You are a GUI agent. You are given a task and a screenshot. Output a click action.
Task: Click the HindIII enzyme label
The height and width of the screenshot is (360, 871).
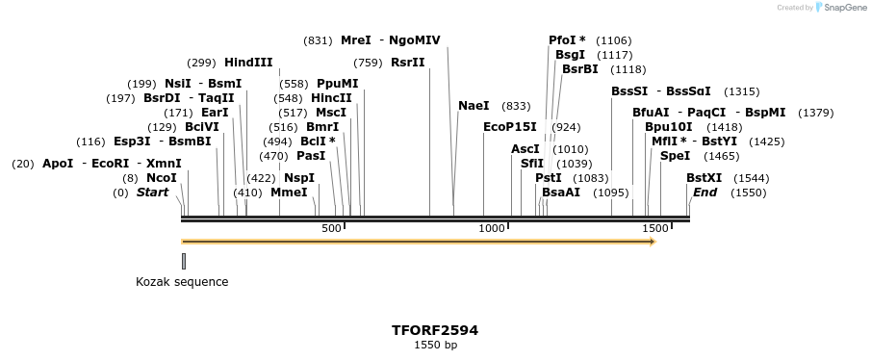tap(248, 63)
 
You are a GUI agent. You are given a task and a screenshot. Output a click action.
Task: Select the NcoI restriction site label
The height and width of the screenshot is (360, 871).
tap(162, 178)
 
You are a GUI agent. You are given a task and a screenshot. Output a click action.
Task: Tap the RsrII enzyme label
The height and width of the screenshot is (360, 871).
tap(407, 63)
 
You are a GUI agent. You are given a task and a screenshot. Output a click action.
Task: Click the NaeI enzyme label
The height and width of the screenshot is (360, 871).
tap(474, 106)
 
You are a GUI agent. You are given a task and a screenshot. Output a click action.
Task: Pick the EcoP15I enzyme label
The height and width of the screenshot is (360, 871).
tap(510, 126)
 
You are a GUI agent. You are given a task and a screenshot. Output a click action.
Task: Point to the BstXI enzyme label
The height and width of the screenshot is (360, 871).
tap(704, 178)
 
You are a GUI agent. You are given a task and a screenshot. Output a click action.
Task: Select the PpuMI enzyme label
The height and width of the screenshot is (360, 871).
tap(337, 84)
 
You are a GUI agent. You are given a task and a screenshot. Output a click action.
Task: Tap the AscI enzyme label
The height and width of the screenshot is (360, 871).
tap(525, 149)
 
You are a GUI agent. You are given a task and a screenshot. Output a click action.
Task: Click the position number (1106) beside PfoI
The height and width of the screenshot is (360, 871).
tap(614, 40)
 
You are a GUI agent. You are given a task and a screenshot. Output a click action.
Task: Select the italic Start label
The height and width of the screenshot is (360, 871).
tap(152, 193)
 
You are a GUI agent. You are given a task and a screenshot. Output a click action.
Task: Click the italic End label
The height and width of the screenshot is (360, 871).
tap(704, 193)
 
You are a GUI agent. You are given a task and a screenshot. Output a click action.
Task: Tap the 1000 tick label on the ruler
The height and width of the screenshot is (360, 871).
tap(492, 228)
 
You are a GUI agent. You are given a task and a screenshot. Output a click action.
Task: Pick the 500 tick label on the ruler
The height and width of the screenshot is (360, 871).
tap(331, 228)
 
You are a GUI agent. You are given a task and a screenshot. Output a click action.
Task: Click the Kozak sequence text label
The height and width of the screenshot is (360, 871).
tap(182, 282)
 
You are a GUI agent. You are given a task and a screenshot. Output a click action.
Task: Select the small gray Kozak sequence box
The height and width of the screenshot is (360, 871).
tap(184, 260)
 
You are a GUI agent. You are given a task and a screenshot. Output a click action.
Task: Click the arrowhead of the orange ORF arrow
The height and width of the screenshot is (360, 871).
tap(652, 241)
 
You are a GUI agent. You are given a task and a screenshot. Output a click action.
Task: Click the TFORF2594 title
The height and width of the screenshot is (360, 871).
tap(435, 330)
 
